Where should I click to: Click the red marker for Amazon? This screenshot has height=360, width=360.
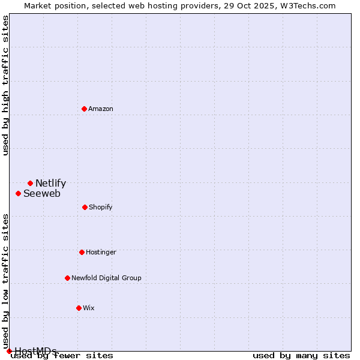[84, 109]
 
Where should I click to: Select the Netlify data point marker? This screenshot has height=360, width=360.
[30, 183]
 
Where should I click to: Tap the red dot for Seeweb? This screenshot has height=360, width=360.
[18, 193]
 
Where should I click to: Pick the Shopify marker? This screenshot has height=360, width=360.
[85, 207]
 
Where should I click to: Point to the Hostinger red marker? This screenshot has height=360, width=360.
[82, 252]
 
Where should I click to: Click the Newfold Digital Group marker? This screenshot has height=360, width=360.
[67, 278]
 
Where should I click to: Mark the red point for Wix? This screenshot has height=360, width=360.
[79, 308]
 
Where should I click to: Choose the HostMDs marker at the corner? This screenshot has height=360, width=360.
[9, 351]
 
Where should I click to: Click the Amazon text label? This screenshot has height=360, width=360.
[101, 109]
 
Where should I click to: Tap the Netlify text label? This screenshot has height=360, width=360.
[50, 184]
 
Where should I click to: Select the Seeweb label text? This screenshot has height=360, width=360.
[42, 194]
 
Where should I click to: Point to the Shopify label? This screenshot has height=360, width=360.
[101, 207]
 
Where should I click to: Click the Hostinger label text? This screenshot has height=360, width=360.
[101, 252]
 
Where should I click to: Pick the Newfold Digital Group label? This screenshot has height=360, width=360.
[106, 278]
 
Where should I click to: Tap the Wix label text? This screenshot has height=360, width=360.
[89, 308]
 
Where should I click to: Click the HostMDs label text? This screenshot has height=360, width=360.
[35, 351]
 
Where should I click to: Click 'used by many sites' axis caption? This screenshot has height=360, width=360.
[301, 356]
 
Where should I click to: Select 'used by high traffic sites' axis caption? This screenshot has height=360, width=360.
[5, 85]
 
